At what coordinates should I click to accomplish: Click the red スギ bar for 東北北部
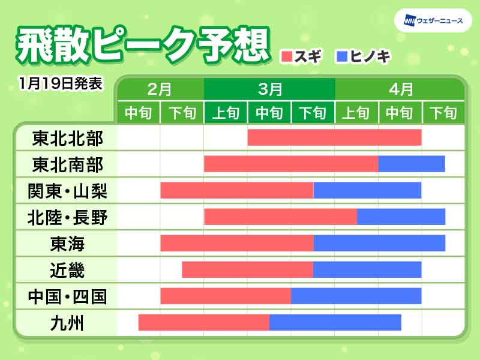point(334,137)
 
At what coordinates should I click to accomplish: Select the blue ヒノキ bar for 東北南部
point(412,164)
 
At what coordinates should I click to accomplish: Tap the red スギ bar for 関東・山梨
point(236,190)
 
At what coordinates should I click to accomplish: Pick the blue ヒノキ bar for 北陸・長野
point(401,217)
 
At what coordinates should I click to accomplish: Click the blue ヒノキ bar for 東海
point(379,243)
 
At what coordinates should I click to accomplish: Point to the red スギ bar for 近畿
point(247,269)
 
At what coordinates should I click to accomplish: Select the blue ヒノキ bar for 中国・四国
point(356,296)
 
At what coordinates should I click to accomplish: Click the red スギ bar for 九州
point(203,322)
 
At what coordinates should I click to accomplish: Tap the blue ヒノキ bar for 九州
point(335,322)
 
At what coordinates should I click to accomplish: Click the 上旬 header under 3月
point(226,112)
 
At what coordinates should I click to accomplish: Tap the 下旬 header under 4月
point(444,112)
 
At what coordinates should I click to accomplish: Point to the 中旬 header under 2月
point(139,112)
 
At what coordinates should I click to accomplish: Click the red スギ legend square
point(287,57)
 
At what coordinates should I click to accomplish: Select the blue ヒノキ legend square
point(343,57)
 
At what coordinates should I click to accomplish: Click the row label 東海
point(67,244)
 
